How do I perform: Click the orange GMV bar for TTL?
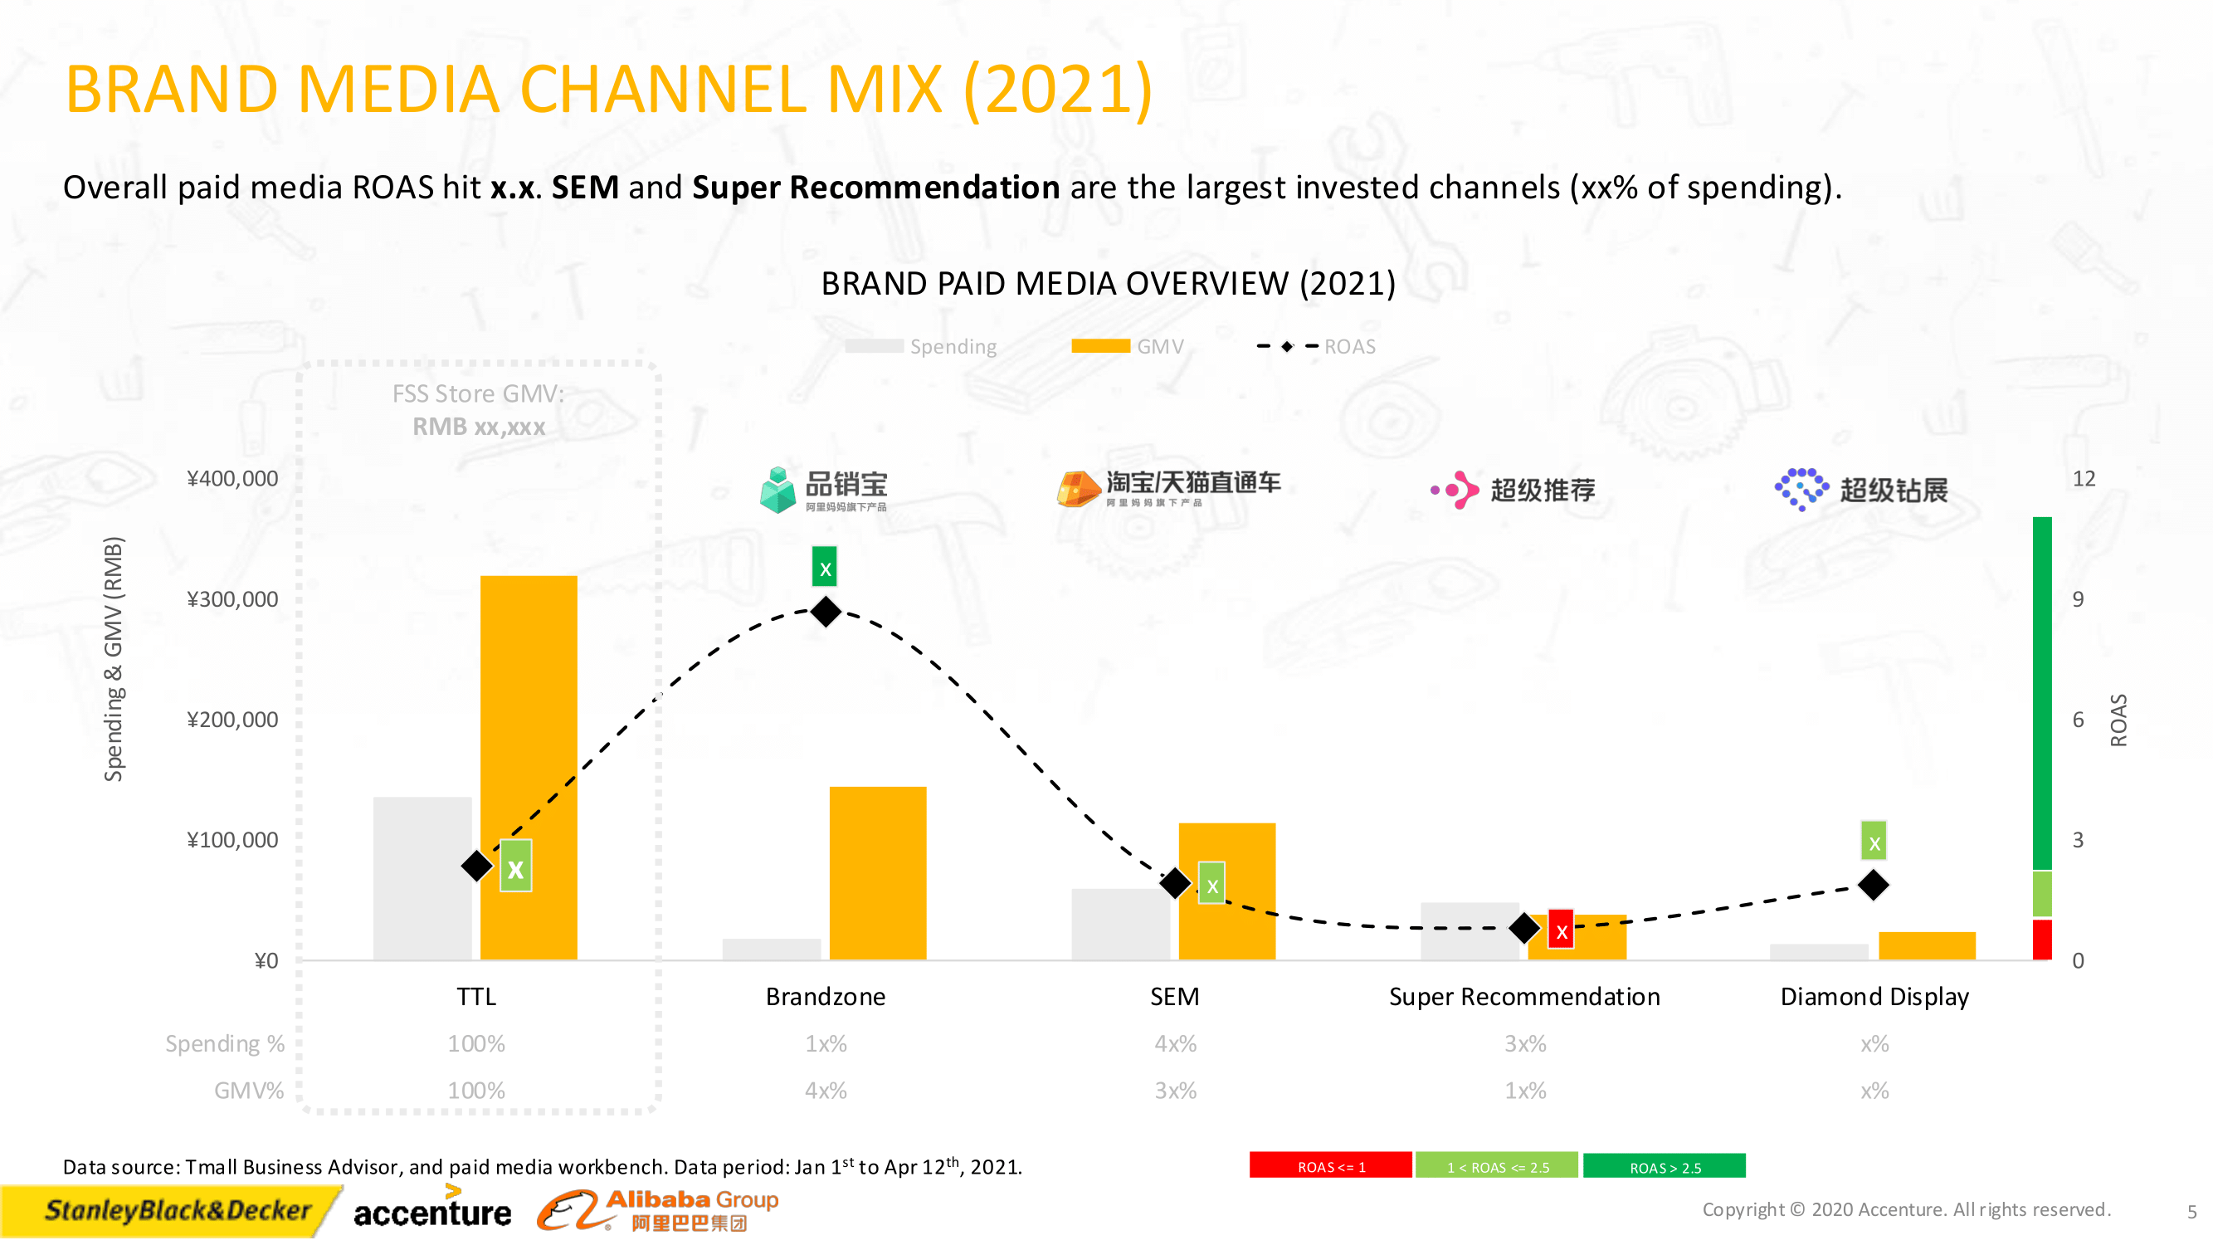[529, 730]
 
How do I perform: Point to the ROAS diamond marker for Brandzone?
[826, 611]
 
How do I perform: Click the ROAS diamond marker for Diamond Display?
[1873, 884]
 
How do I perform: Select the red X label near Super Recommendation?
[1561, 930]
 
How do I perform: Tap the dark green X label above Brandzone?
[825, 568]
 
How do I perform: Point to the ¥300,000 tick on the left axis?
[233, 599]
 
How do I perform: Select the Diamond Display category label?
[1874, 996]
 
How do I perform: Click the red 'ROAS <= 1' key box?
[1330, 1166]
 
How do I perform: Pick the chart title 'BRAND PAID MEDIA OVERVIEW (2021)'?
[1108, 284]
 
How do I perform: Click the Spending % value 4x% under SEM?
[1174, 1043]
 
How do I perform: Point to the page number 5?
[2191, 1212]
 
